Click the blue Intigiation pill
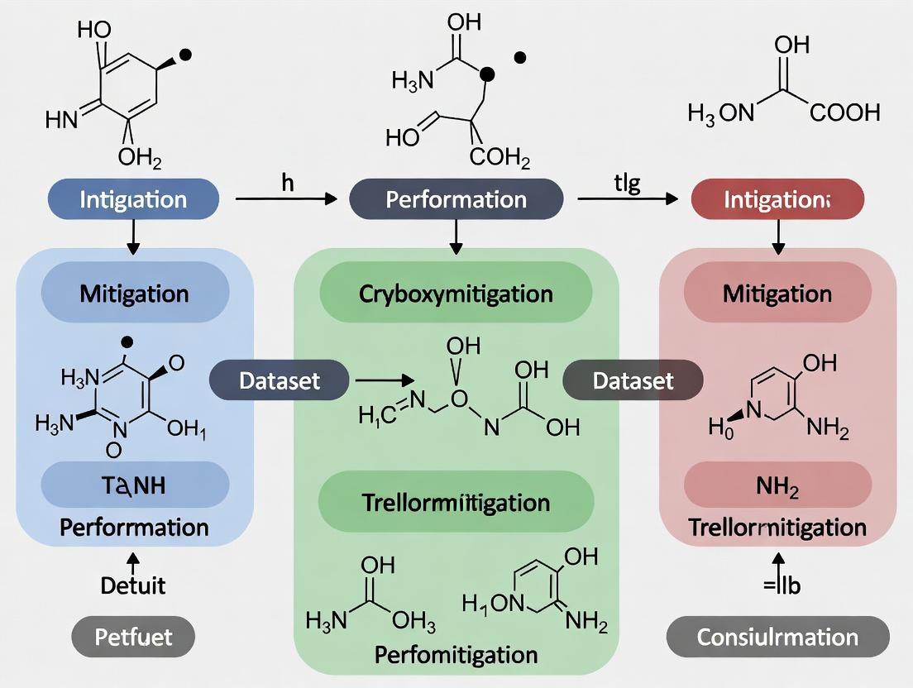coord(133,199)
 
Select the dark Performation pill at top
coord(456,199)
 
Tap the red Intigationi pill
coord(777,199)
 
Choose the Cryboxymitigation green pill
coord(456,293)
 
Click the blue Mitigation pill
coord(134,293)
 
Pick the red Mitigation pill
coord(777,293)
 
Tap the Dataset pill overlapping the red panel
coord(633,380)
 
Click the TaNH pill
coord(134,485)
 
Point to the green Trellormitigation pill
coord(456,502)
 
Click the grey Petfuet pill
coord(133,638)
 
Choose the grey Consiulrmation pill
coord(777,638)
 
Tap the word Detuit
coord(133,585)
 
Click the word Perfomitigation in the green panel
coord(456,655)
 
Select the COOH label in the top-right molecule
coord(844,112)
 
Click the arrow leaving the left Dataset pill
coord(382,380)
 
